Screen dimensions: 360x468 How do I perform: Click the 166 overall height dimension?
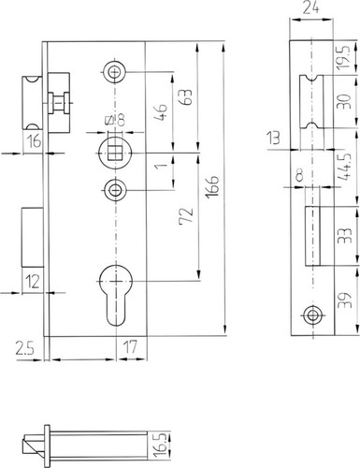pyautogui.click(x=212, y=186)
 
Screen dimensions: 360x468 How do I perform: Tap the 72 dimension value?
pyautogui.click(x=186, y=215)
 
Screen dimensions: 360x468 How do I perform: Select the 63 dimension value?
pyautogui.click(x=185, y=97)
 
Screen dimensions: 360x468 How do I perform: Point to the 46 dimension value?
pyautogui.click(x=161, y=112)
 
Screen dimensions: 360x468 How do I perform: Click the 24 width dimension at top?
pyautogui.click(x=310, y=7)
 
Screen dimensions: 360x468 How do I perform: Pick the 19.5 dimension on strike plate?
pyautogui.click(x=344, y=58)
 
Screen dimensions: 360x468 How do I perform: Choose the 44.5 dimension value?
pyautogui.click(x=345, y=167)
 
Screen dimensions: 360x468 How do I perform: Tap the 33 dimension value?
pyautogui.click(x=346, y=235)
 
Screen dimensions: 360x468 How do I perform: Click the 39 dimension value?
pyautogui.click(x=346, y=300)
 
